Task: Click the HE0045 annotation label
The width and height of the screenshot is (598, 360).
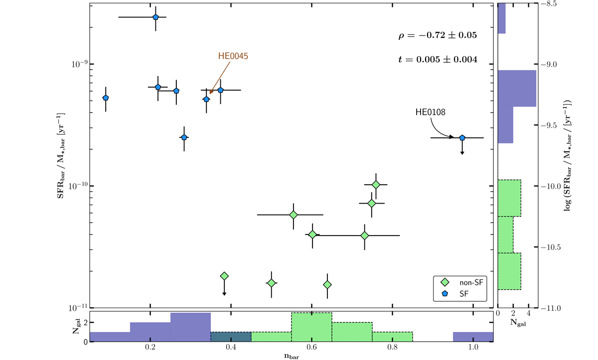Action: click(233, 56)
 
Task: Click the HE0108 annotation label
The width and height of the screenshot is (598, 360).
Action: click(430, 112)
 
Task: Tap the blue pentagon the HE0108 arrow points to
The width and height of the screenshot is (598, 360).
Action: click(462, 137)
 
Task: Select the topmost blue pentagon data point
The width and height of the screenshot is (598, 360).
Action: click(155, 17)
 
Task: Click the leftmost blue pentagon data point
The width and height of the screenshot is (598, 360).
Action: click(106, 98)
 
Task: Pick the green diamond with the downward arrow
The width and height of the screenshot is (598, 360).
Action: click(224, 276)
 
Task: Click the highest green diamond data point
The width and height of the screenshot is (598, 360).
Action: click(376, 185)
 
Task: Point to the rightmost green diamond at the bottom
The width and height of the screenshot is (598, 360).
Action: click(327, 285)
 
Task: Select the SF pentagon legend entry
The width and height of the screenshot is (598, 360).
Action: click(461, 295)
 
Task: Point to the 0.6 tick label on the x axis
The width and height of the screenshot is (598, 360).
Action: click(311, 347)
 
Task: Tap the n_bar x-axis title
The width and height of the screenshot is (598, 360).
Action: click(291, 356)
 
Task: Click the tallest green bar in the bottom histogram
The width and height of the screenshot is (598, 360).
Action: click(311, 327)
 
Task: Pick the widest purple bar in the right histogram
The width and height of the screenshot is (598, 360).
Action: click(517, 88)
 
